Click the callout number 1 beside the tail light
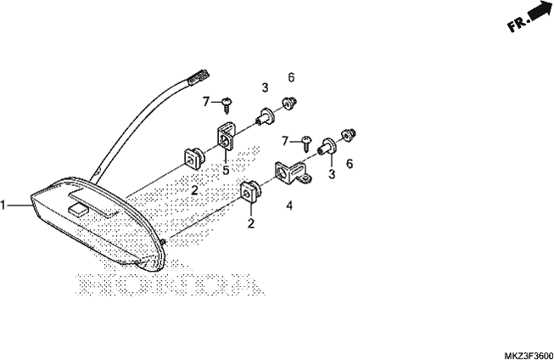(x=3, y=205)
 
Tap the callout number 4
(x=289, y=205)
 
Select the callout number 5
(x=226, y=170)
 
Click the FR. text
(x=518, y=24)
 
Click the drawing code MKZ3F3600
(x=529, y=355)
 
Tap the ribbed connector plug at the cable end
(x=199, y=77)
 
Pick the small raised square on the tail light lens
(x=78, y=210)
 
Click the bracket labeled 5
(x=226, y=137)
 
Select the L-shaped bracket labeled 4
(x=293, y=172)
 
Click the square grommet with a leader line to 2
(x=251, y=192)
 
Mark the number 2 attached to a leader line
(x=251, y=223)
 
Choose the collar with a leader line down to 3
(x=327, y=146)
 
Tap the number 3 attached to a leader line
(x=332, y=174)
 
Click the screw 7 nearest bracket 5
(x=227, y=105)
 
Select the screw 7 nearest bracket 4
(x=306, y=143)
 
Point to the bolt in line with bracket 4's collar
(x=348, y=135)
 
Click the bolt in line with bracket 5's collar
(x=289, y=104)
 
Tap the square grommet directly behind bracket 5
(x=194, y=159)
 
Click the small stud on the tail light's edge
(x=163, y=242)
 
